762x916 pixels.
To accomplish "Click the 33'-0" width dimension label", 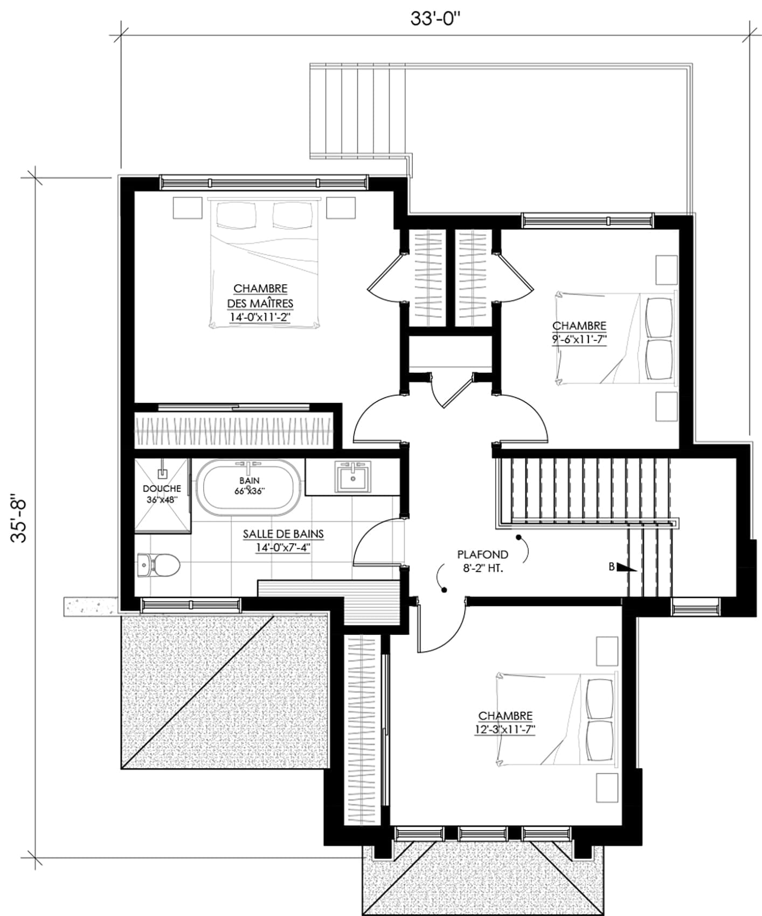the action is pyautogui.click(x=436, y=18).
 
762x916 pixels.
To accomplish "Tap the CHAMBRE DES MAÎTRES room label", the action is pyautogui.click(x=260, y=296).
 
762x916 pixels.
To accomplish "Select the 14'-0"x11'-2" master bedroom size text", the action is pyautogui.click(x=260, y=318).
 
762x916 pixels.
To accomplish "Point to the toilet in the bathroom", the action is pyautogui.click(x=158, y=565).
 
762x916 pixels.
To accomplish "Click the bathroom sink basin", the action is pyautogui.click(x=353, y=477).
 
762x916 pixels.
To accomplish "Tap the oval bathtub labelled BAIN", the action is pyautogui.click(x=248, y=486).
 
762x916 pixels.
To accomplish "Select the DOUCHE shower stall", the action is pyautogui.click(x=162, y=495).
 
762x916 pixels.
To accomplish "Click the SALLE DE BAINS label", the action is pyautogui.click(x=283, y=534).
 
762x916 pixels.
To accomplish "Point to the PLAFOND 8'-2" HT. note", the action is pyautogui.click(x=482, y=561).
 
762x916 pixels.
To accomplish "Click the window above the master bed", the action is pyautogui.click(x=264, y=182).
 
